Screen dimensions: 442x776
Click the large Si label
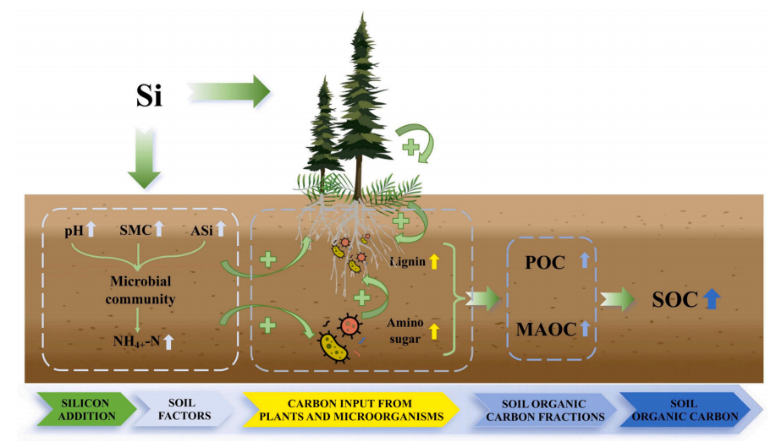pos(149,96)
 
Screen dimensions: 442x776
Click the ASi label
pos(204,229)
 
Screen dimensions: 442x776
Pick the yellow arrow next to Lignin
pos(434,262)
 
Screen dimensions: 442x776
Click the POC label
pos(545,262)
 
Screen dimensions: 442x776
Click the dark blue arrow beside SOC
pos(712,298)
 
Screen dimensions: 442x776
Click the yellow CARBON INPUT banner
pos(347,410)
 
